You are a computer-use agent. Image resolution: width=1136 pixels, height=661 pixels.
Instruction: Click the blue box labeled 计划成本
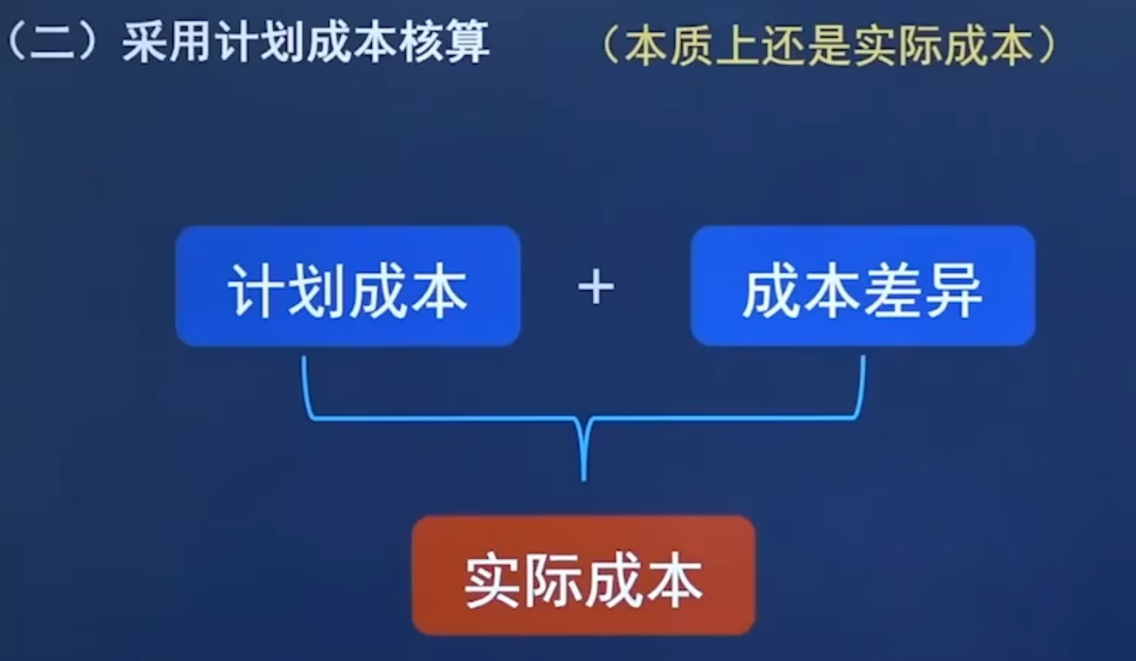coord(348,286)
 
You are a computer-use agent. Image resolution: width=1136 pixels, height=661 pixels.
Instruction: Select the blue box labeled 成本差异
coord(862,286)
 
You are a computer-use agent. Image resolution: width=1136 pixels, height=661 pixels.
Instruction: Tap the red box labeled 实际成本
coord(584,575)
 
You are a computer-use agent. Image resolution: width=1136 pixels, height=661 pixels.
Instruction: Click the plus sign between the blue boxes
coord(596,287)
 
